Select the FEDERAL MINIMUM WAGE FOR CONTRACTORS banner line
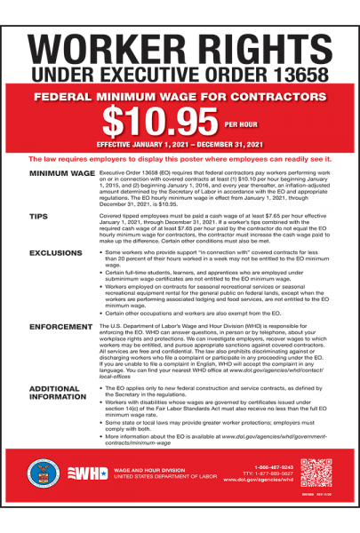click(x=180, y=96)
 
